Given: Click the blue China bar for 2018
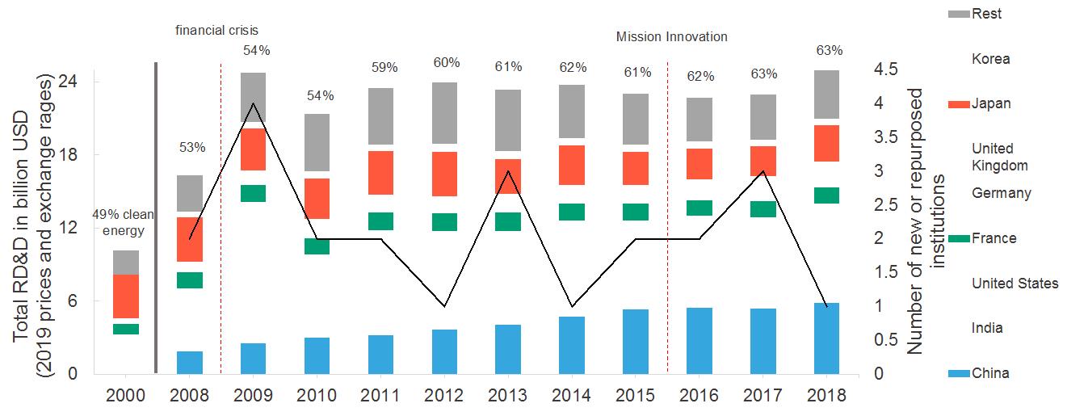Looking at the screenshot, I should pyautogui.click(x=827, y=338).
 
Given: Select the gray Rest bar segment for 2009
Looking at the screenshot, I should pyautogui.click(x=254, y=97).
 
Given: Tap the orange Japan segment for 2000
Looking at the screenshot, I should pyautogui.click(x=126, y=296).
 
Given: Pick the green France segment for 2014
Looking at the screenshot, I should pyautogui.click(x=572, y=212).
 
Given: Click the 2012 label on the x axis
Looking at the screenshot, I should pyautogui.click(x=444, y=396).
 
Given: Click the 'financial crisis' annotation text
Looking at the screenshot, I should pyautogui.click(x=217, y=31).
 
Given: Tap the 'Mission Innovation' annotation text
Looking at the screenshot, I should pyautogui.click(x=671, y=37).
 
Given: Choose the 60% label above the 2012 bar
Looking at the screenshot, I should pyautogui.click(x=446, y=63).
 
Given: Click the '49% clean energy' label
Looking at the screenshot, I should pyautogui.click(x=118, y=223).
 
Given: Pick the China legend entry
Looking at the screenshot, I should pyautogui.click(x=990, y=373).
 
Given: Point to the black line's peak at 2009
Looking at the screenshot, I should pyautogui.click(x=254, y=103).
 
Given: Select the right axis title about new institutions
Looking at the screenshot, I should pyautogui.click(x=925, y=222).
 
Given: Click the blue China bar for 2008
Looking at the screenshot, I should pyautogui.click(x=190, y=363).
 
